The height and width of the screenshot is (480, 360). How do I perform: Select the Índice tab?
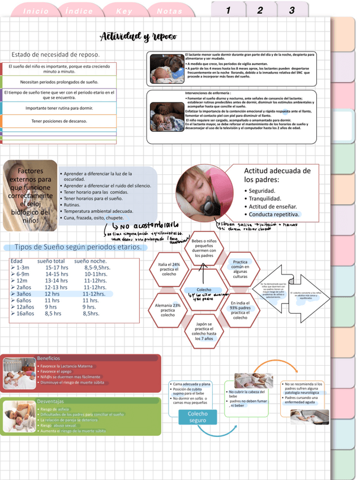click(79, 11)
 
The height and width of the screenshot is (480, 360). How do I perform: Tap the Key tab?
click(124, 11)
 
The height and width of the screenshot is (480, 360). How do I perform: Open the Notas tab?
click(169, 11)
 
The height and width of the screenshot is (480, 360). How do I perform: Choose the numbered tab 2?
click(260, 10)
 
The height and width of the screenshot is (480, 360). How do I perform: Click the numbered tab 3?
click(292, 10)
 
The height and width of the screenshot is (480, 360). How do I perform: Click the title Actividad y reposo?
click(139, 37)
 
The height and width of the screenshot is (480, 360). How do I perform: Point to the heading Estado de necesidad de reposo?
click(55, 54)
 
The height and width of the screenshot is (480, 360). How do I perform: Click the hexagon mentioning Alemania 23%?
click(168, 310)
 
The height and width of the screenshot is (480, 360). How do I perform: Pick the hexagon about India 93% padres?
click(240, 310)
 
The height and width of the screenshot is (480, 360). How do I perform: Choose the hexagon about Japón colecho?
click(204, 332)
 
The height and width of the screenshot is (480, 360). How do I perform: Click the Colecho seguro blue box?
click(198, 417)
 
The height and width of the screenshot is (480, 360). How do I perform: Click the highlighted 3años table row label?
click(24, 294)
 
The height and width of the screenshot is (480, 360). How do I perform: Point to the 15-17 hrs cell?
click(57, 268)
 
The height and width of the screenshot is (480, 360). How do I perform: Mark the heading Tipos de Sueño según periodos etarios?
click(78, 247)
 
